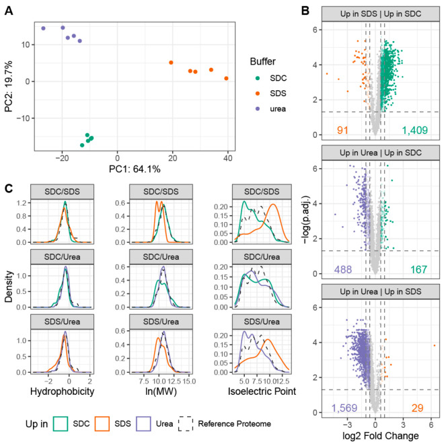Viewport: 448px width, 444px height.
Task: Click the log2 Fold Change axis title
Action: tap(381, 437)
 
